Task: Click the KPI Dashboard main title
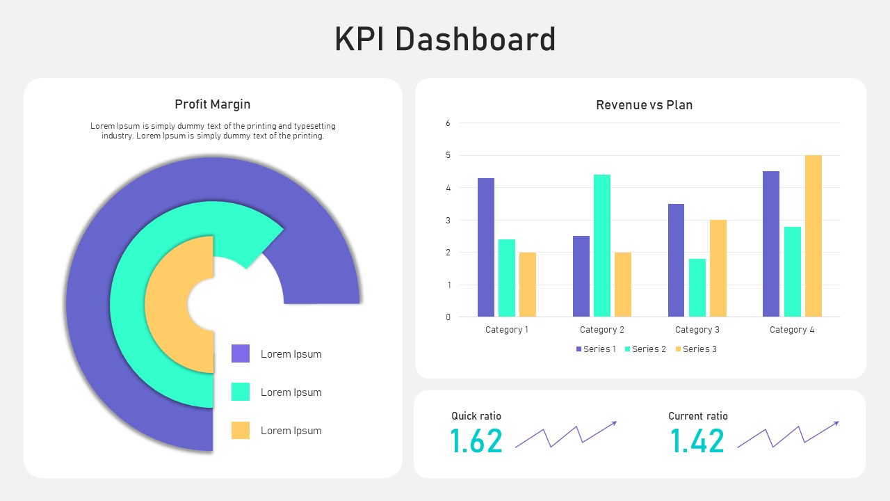click(445, 40)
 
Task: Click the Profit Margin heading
click(212, 104)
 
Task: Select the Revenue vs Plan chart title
click(644, 105)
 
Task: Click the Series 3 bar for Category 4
click(814, 236)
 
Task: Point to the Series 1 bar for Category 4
click(771, 244)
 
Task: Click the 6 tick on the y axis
click(448, 123)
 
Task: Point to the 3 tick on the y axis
click(448, 220)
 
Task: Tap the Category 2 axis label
click(602, 330)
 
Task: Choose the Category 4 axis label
click(792, 330)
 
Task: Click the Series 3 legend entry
click(695, 349)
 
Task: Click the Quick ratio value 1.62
click(476, 441)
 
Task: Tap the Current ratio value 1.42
click(697, 441)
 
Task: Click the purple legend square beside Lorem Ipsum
click(241, 353)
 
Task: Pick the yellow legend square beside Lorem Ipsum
click(241, 430)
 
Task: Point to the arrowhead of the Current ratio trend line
click(836, 422)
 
